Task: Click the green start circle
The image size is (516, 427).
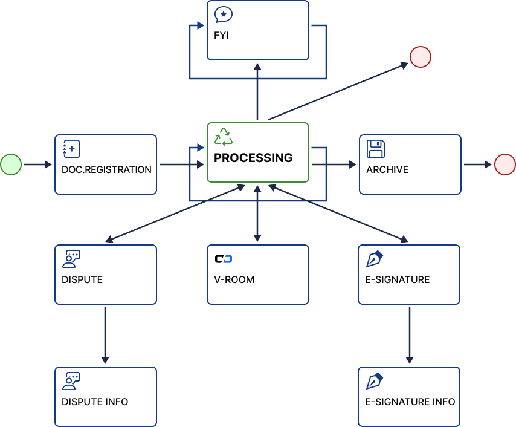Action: (x=11, y=164)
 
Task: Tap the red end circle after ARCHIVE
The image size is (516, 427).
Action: (x=505, y=164)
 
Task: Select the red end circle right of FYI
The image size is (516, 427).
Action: (x=420, y=57)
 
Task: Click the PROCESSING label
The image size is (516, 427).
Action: (x=253, y=158)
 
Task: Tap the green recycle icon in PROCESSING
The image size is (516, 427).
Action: (x=224, y=137)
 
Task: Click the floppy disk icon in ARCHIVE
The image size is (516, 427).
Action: (x=376, y=149)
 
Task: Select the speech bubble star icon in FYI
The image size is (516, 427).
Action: (x=224, y=15)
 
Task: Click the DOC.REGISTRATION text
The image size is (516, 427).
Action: (x=106, y=169)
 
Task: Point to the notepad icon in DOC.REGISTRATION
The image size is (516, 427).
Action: (x=71, y=149)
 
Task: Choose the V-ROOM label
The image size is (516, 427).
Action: (x=234, y=279)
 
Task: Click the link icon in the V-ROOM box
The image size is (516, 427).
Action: (x=224, y=259)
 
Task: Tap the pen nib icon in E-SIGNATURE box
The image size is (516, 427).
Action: (x=375, y=259)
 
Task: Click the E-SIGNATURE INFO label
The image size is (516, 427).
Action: (x=410, y=402)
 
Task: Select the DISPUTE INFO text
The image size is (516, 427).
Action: (x=95, y=402)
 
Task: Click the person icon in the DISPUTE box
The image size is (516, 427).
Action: (x=71, y=259)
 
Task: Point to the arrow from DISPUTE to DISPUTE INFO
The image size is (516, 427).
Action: (x=105, y=335)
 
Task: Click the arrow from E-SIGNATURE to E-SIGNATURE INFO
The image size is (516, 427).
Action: (x=410, y=335)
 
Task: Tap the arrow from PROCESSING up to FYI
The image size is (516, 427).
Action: (x=257, y=91)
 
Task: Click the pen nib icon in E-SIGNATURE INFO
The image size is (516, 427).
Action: (x=375, y=381)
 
